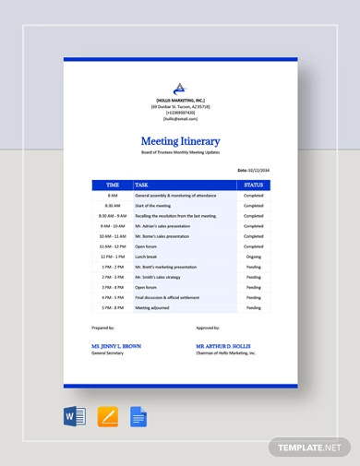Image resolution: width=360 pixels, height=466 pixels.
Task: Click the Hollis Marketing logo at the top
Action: click(x=180, y=89)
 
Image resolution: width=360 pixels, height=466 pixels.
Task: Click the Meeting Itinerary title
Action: click(x=180, y=141)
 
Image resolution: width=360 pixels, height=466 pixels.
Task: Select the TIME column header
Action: click(x=113, y=185)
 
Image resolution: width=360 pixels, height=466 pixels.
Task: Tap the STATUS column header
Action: click(x=253, y=185)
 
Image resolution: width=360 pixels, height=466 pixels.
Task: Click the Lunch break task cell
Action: click(x=146, y=257)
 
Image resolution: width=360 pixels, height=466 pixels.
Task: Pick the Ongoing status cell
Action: click(x=253, y=257)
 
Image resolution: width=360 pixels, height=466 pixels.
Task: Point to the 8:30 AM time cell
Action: click(x=113, y=206)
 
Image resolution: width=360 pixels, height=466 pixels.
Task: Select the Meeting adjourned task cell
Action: click(x=155, y=307)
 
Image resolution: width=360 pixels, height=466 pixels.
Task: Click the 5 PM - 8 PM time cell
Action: click(x=113, y=307)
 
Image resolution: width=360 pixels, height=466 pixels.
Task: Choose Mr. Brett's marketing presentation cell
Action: click(x=167, y=267)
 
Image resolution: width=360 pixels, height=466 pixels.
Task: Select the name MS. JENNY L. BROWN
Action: click(x=116, y=346)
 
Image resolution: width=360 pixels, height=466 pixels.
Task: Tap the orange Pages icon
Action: click(x=108, y=416)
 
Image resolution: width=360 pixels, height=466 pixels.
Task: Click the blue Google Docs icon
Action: click(x=138, y=416)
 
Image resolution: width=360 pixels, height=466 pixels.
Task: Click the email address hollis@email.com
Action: click(x=180, y=119)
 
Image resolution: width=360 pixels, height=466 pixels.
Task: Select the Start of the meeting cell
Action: click(x=153, y=206)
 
